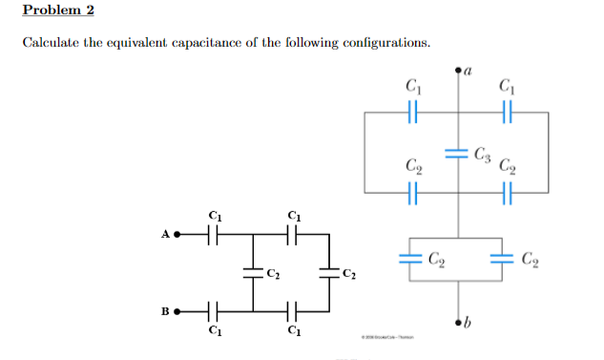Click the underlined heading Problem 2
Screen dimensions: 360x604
(58, 11)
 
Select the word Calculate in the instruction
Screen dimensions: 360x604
(49, 44)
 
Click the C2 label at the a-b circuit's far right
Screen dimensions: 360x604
(531, 259)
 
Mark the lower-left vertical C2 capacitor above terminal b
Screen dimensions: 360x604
(411, 259)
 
